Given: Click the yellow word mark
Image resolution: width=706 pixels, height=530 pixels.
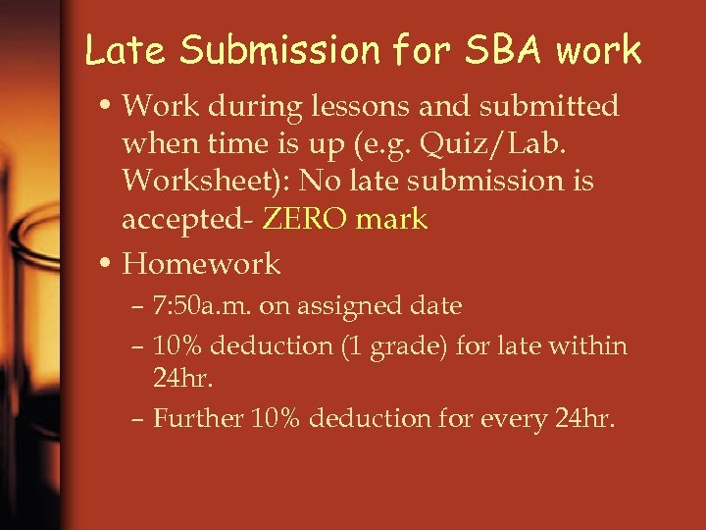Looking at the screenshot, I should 392,219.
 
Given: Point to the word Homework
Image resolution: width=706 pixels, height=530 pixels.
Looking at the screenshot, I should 201,263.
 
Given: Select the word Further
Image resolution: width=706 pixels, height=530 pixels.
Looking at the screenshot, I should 198,418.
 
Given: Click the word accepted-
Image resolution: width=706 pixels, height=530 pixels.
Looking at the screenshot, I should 186,219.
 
